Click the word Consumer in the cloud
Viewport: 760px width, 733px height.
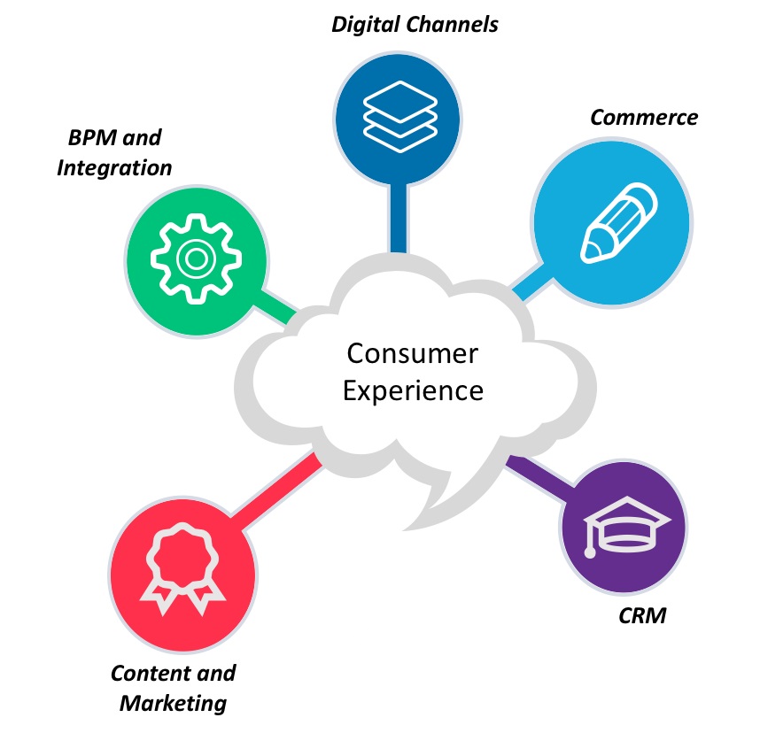click(412, 354)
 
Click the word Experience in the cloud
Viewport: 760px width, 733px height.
click(413, 390)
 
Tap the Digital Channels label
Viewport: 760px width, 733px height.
click(415, 24)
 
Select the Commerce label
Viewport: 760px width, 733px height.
click(644, 117)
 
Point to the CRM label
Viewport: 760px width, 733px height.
click(641, 615)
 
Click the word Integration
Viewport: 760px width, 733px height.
click(114, 166)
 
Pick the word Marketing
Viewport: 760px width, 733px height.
click(173, 704)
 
